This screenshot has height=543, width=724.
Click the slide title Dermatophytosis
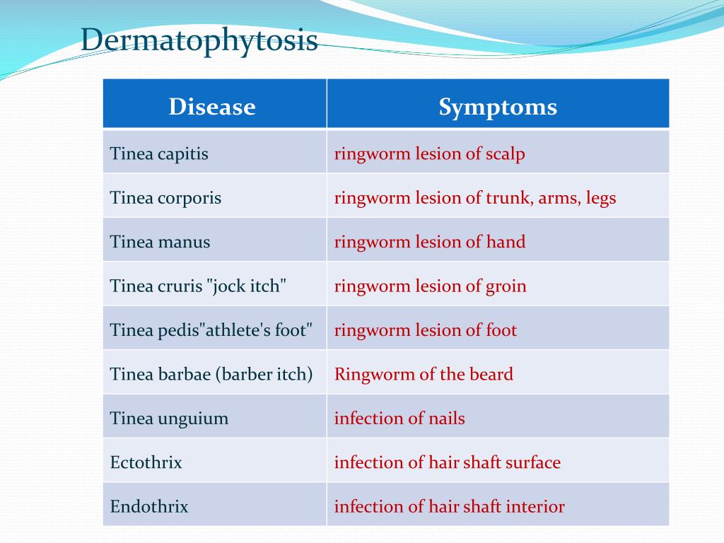click(x=199, y=40)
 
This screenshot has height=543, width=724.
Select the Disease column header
click(x=212, y=107)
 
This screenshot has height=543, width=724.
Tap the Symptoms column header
click(x=498, y=107)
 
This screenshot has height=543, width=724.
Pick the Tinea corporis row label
click(x=165, y=199)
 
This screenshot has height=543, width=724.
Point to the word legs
click(x=601, y=199)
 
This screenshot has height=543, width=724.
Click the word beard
click(x=491, y=374)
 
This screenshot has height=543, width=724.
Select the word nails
click(x=447, y=419)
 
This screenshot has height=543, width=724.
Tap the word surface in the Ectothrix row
click(x=533, y=462)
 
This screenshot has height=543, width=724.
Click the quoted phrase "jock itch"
click(x=247, y=286)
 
